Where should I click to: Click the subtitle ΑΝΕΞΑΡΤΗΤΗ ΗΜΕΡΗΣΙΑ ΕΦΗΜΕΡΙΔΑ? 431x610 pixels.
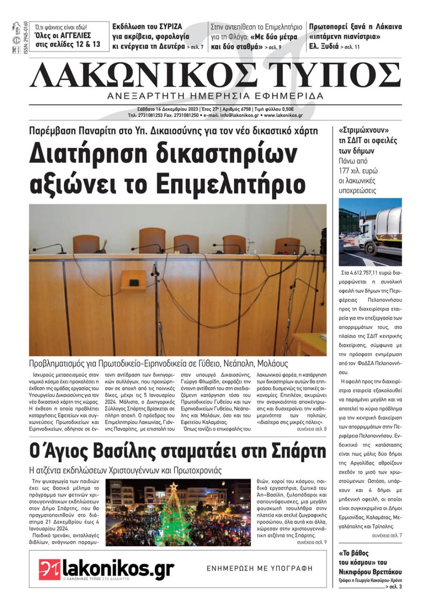point(215,96)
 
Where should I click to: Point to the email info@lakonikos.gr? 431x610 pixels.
point(240,116)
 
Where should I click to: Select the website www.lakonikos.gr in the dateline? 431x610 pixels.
point(283,116)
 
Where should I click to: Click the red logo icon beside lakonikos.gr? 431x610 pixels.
point(49,569)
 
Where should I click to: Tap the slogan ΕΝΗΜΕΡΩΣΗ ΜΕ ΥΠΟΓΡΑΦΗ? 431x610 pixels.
point(259,569)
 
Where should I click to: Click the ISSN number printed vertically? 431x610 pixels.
point(25,38)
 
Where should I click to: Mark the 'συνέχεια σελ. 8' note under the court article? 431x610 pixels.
point(311,429)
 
